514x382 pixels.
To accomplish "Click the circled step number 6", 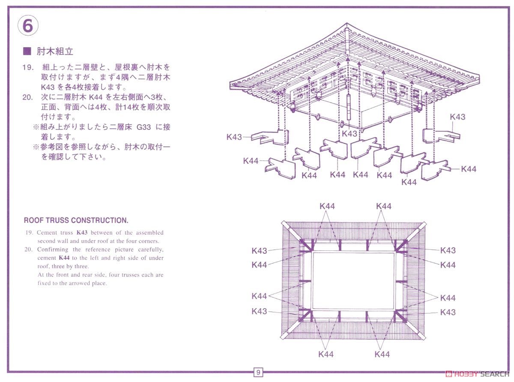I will click(x=27, y=26).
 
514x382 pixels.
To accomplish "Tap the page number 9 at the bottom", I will click(x=258, y=372).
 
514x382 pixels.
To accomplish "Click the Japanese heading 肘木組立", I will click(x=55, y=51).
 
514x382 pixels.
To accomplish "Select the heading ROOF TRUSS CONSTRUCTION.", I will click(x=76, y=220).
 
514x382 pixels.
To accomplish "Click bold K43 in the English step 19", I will click(x=82, y=233).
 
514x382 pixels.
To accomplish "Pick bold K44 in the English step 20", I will click(x=64, y=258).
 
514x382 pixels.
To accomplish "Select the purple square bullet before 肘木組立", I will click(x=27, y=51).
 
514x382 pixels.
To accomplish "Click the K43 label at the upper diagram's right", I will click(x=457, y=117).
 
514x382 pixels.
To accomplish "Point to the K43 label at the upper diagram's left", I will click(x=234, y=137).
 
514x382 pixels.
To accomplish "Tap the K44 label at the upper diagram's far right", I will click(x=469, y=169).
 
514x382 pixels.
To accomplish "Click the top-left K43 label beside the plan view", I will click(x=260, y=251).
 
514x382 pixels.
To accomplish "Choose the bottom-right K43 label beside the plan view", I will click(x=448, y=312).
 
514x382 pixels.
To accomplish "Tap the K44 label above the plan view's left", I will click(x=327, y=206).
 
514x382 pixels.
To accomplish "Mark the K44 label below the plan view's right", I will click(x=382, y=354).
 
